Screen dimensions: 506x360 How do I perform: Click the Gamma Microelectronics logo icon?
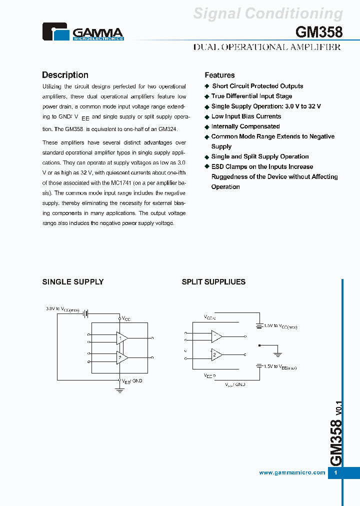[56, 32]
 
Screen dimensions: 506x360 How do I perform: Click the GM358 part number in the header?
[319, 32]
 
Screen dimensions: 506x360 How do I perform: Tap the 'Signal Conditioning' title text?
[268, 13]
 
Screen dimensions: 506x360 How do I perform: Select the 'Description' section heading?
[65, 75]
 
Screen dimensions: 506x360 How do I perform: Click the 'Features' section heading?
[219, 75]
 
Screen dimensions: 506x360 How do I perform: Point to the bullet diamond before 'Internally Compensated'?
[206, 127]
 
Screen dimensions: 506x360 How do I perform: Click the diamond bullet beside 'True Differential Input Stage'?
[206, 96]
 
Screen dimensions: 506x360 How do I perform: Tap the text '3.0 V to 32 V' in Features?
[303, 106]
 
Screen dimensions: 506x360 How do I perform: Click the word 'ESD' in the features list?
[217, 167]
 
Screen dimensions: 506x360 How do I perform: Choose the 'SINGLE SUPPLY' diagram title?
[73, 282]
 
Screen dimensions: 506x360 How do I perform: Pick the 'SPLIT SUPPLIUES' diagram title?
[213, 282]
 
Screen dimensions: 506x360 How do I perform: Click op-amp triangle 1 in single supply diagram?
[121, 338]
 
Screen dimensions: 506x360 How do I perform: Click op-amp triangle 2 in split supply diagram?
[216, 355]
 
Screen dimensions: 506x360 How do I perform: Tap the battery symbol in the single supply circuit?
[86, 313]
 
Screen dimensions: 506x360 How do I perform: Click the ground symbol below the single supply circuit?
[120, 389]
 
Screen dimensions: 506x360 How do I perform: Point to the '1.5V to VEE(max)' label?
[280, 367]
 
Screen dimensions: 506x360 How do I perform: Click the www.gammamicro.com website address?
[292, 472]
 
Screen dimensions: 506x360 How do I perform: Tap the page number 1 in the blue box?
[335, 473]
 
